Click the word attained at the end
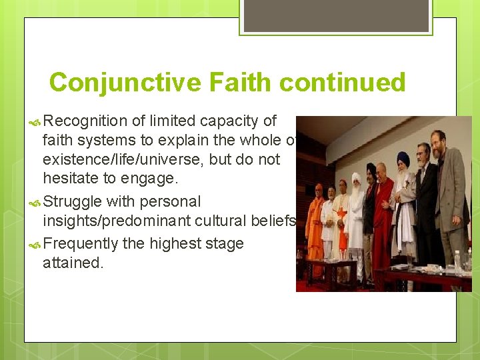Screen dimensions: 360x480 (x=73, y=263)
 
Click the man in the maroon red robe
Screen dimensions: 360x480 (x=383, y=213)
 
